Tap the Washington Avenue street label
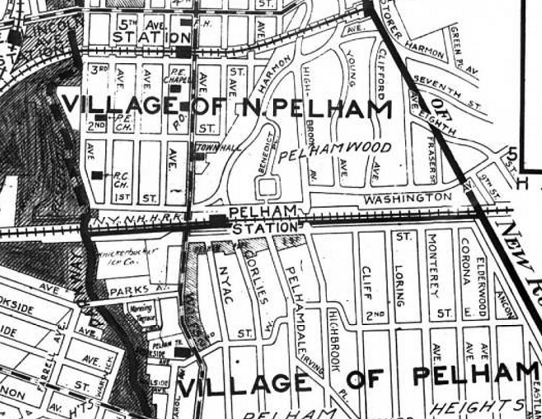tap(408, 198)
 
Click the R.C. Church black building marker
tap(97, 175)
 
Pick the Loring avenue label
tap(400, 285)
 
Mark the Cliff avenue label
tap(367, 283)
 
